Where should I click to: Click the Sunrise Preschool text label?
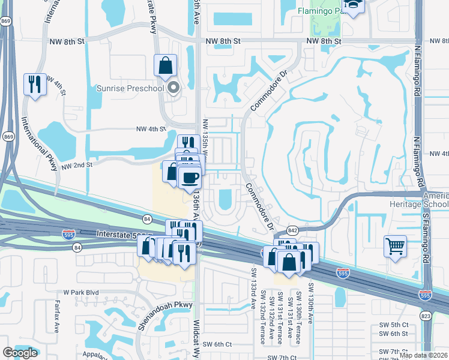click(x=130, y=89)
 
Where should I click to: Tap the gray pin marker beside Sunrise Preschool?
click(x=174, y=89)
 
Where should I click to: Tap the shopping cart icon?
click(x=395, y=246)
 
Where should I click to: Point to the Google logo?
click(x=20, y=353)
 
